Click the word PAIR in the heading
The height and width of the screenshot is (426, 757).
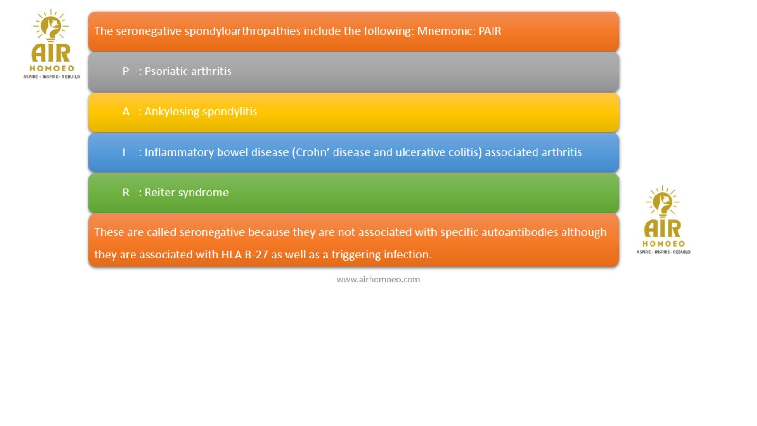coord(490,31)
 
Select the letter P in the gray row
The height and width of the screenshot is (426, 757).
coord(126,71)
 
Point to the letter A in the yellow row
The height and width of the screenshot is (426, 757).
coord(126,112)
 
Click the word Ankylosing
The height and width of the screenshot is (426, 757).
coord(172,112)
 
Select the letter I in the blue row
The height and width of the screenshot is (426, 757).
coord(124,152)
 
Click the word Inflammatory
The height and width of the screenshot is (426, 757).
coord(179,152)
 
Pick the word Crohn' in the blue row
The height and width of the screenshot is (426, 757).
coord(310,152)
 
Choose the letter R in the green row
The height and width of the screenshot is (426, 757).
coord(126,193)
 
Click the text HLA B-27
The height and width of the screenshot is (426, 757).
coord(245,255)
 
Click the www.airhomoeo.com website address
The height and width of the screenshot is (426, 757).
coord(378,280)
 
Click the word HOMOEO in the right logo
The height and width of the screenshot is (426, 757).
coord(663,244)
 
